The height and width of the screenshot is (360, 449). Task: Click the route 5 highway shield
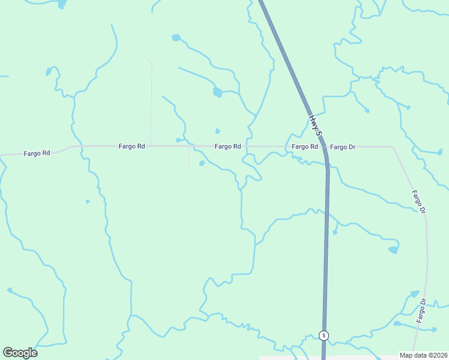pos(324,335)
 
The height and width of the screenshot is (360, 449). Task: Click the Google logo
pos(20,352)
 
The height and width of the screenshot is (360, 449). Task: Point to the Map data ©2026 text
pos(424,355)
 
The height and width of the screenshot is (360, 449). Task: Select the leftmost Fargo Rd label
pos(37,153)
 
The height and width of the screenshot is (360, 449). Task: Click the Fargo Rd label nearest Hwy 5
pos(304,146)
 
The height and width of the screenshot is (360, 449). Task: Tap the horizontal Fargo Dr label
pos(343,147)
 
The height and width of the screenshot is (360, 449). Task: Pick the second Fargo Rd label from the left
pos(131,146)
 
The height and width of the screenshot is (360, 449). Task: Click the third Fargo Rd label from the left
pos(228,146)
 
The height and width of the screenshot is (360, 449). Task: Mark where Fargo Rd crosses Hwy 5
pos(322,146)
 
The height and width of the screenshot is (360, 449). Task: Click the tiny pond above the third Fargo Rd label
pos(217,131)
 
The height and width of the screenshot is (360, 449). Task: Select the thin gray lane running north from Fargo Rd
pos(151,102)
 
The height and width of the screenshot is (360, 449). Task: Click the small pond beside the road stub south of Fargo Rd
pos(202,163)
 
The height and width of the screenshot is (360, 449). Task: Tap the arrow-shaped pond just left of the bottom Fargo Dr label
pos(414,294)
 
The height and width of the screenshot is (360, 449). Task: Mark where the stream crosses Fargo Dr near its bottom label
pos(426,328)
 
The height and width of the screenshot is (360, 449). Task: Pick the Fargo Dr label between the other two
pos(419,202)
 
